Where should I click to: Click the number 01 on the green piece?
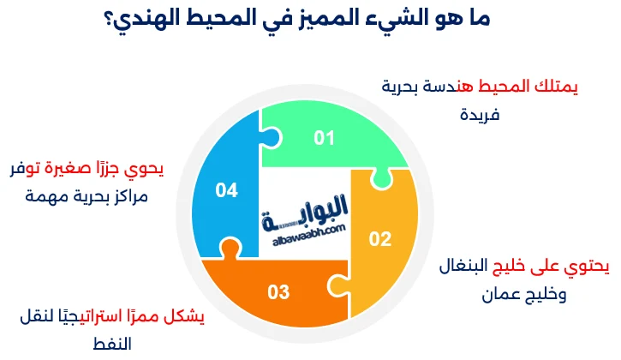click(323, 137)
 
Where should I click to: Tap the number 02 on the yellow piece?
click(379, 238)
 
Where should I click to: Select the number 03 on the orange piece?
click(278, 292)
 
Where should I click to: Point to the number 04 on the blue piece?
click(226, 190)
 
